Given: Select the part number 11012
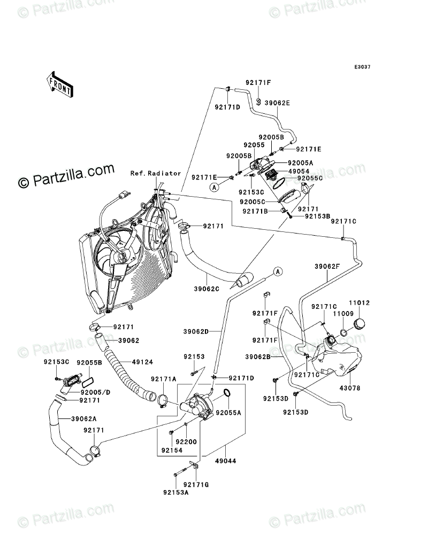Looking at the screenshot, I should tap(361, 303).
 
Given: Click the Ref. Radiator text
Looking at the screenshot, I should tap(156, 174).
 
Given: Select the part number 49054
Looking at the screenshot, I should tap(301, 171).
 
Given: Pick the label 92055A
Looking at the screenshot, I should tap(228, 413).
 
